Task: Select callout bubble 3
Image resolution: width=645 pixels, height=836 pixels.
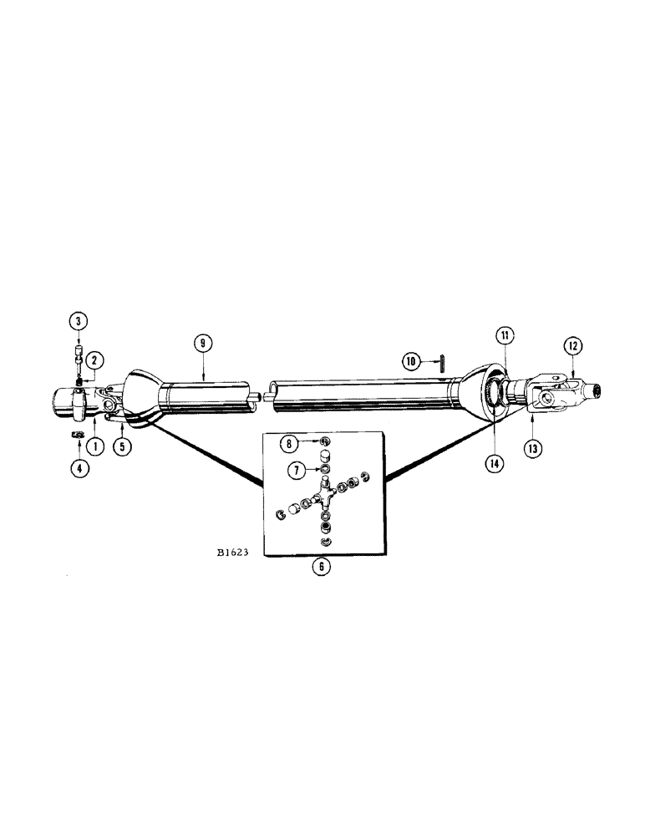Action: (x=79, y=322)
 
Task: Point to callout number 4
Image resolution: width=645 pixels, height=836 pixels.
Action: (x=79, y=468)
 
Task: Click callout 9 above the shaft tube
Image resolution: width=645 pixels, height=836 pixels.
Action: (x=202, y=343)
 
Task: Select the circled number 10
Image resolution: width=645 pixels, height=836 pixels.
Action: (x=409, y=361)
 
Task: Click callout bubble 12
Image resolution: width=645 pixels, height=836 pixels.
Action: (x=573, y=344)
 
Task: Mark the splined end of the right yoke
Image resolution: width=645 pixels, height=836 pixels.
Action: (x=596, y=390)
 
